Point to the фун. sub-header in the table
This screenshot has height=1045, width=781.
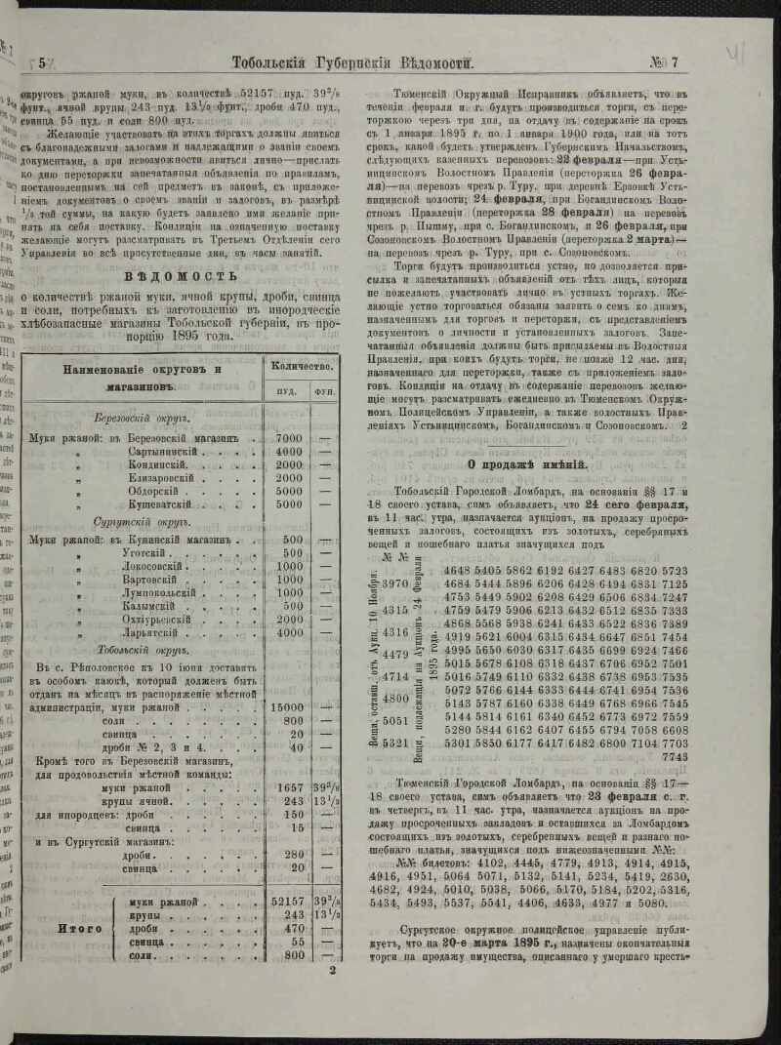pos(326,392)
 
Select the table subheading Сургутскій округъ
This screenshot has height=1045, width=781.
pos(140,522)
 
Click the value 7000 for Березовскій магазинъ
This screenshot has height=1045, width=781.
pos(290,438)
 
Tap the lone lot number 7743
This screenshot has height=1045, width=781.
pos(675,755)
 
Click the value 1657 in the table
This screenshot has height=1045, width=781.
pos(290,785)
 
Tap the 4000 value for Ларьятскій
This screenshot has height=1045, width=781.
pos(290,632)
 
